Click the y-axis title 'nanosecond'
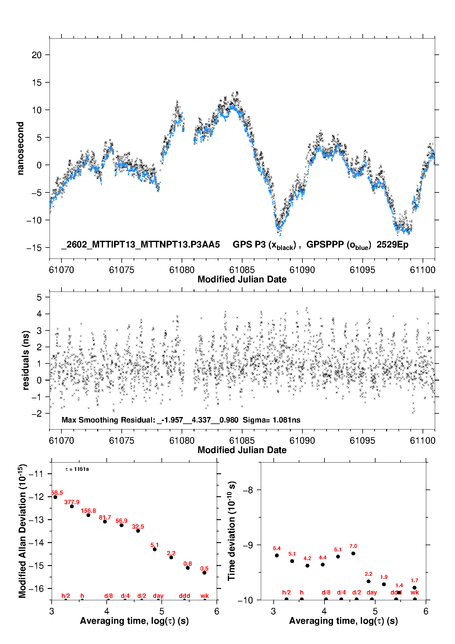20,148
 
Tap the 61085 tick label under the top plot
242,270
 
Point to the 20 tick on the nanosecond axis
37,55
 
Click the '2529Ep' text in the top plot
392,244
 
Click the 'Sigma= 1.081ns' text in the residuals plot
272,420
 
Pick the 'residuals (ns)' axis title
26,360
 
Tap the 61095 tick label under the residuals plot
362,441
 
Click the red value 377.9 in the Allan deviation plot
72,502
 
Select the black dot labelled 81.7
105,521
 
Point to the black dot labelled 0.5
204,573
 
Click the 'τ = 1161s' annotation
77,469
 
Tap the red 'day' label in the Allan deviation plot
158,596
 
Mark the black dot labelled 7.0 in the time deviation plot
353,553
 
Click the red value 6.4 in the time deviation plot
277,548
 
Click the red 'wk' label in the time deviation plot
415,592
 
